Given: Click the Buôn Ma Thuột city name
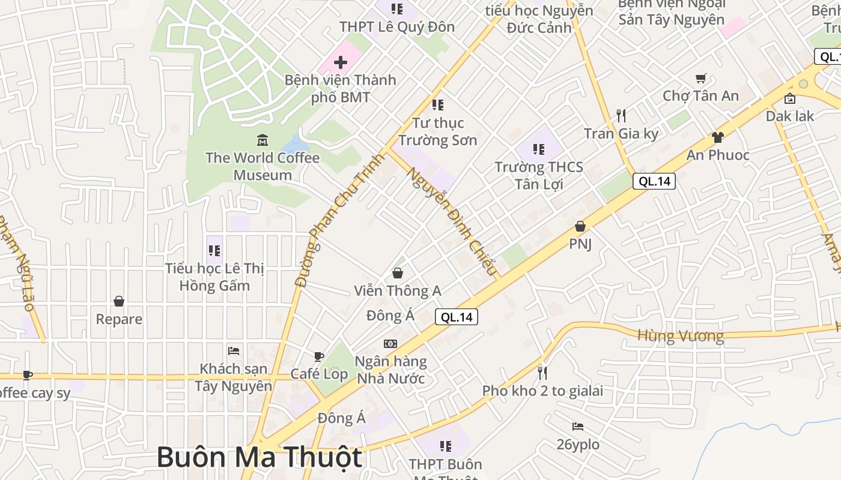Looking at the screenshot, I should pyautogui.click(x=260, y=458).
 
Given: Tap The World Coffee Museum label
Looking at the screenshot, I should pyautogui.click(x=263, y=166).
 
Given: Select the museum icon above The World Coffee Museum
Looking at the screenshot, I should pyautogui.click(x=263, y=140).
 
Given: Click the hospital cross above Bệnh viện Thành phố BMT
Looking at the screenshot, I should pyautogui.click(x=341, y=62).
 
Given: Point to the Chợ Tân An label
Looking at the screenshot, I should pyautogui.click(x=700, y=95).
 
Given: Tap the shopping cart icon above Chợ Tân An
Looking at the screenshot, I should pyautogui.click(x=700, y=78).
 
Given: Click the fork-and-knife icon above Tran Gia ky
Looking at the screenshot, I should pyautogui.click(x=621, y=115).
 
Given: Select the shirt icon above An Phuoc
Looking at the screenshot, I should pyautogui.click(x=717, y=137).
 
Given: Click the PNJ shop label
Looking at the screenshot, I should pyautogui.click(x=580, y=244).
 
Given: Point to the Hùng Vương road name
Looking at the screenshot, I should pyautogui.click(x=680, y=336).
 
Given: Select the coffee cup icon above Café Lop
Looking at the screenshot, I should pyautogui.click(x=318, y=356).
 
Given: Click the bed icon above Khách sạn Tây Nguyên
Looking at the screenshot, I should pyautogui.click(x=234, y=350).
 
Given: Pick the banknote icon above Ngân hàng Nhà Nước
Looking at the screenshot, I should pyautogui.click(x=390, y=343).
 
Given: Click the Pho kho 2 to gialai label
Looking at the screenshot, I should pyautogui.click(x=542, y=391).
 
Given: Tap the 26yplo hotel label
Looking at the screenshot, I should pyautogui.click(x=578, y=445).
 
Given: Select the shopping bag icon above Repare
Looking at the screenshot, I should pyautogui.click(x=119, y=301).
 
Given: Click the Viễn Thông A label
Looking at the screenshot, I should pyautogui.click(x=397, y=291).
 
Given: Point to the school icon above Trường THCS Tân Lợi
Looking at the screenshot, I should pyautogui.click(x=538, y=149).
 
